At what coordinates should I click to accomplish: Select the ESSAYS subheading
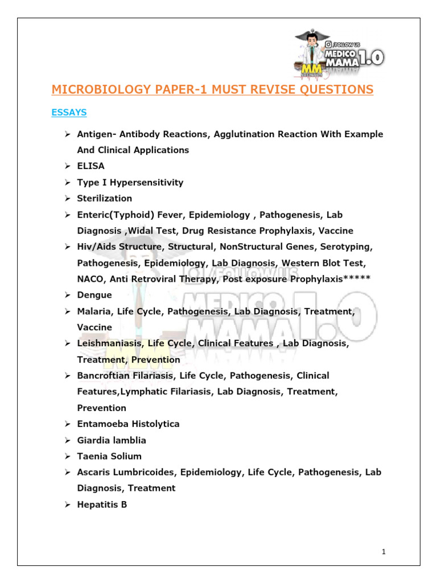click(69, 113)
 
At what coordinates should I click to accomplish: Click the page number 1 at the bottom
click(385, 551)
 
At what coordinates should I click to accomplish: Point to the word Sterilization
click(105, 198)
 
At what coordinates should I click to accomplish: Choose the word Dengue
click(94, 295)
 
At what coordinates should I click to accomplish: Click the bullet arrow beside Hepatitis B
click(67, 504)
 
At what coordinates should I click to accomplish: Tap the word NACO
click(91, 279)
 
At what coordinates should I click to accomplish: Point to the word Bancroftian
click(106, 376)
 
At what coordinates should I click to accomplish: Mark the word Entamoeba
click(100, 424)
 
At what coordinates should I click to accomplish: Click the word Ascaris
click(93, 472)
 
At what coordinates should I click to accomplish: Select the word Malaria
click(93, 311)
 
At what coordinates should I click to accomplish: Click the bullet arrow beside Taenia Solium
click(67, 456)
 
